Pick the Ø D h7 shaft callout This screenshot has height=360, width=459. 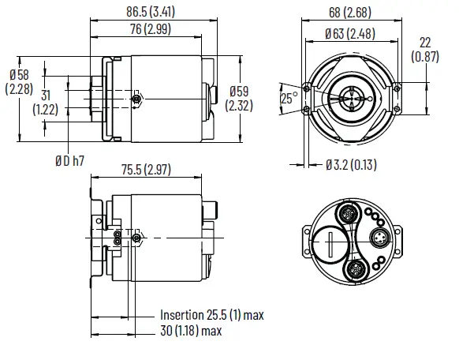[x=69, y=160]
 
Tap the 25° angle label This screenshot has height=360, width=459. [x=289, y=99]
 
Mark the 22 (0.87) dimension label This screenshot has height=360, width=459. [x=427, y=48]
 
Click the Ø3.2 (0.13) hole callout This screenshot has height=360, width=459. [x=357, y=164]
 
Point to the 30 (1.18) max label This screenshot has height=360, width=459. [x=188, y=331]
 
